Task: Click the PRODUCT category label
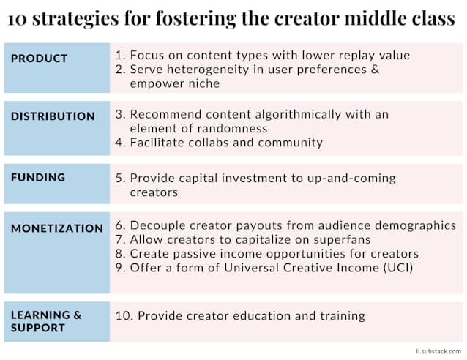click(x=39, y=59)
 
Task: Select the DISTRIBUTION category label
click(x=53, y=116)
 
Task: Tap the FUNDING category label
click(x=38, y=177)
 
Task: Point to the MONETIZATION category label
click(x=57, y=228)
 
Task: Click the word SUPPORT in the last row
click(x=37, y=328)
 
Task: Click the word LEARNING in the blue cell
click(x=40, y=315)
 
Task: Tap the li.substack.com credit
click(x=438, y=351)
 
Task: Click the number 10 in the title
click(x=18, y=19)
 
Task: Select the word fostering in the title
click(x=195, y=19)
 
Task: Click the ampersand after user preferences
click(x=375, y=70)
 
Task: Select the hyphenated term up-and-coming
click(x=351, y=179)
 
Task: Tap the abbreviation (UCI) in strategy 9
click(x=398, y=268)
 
